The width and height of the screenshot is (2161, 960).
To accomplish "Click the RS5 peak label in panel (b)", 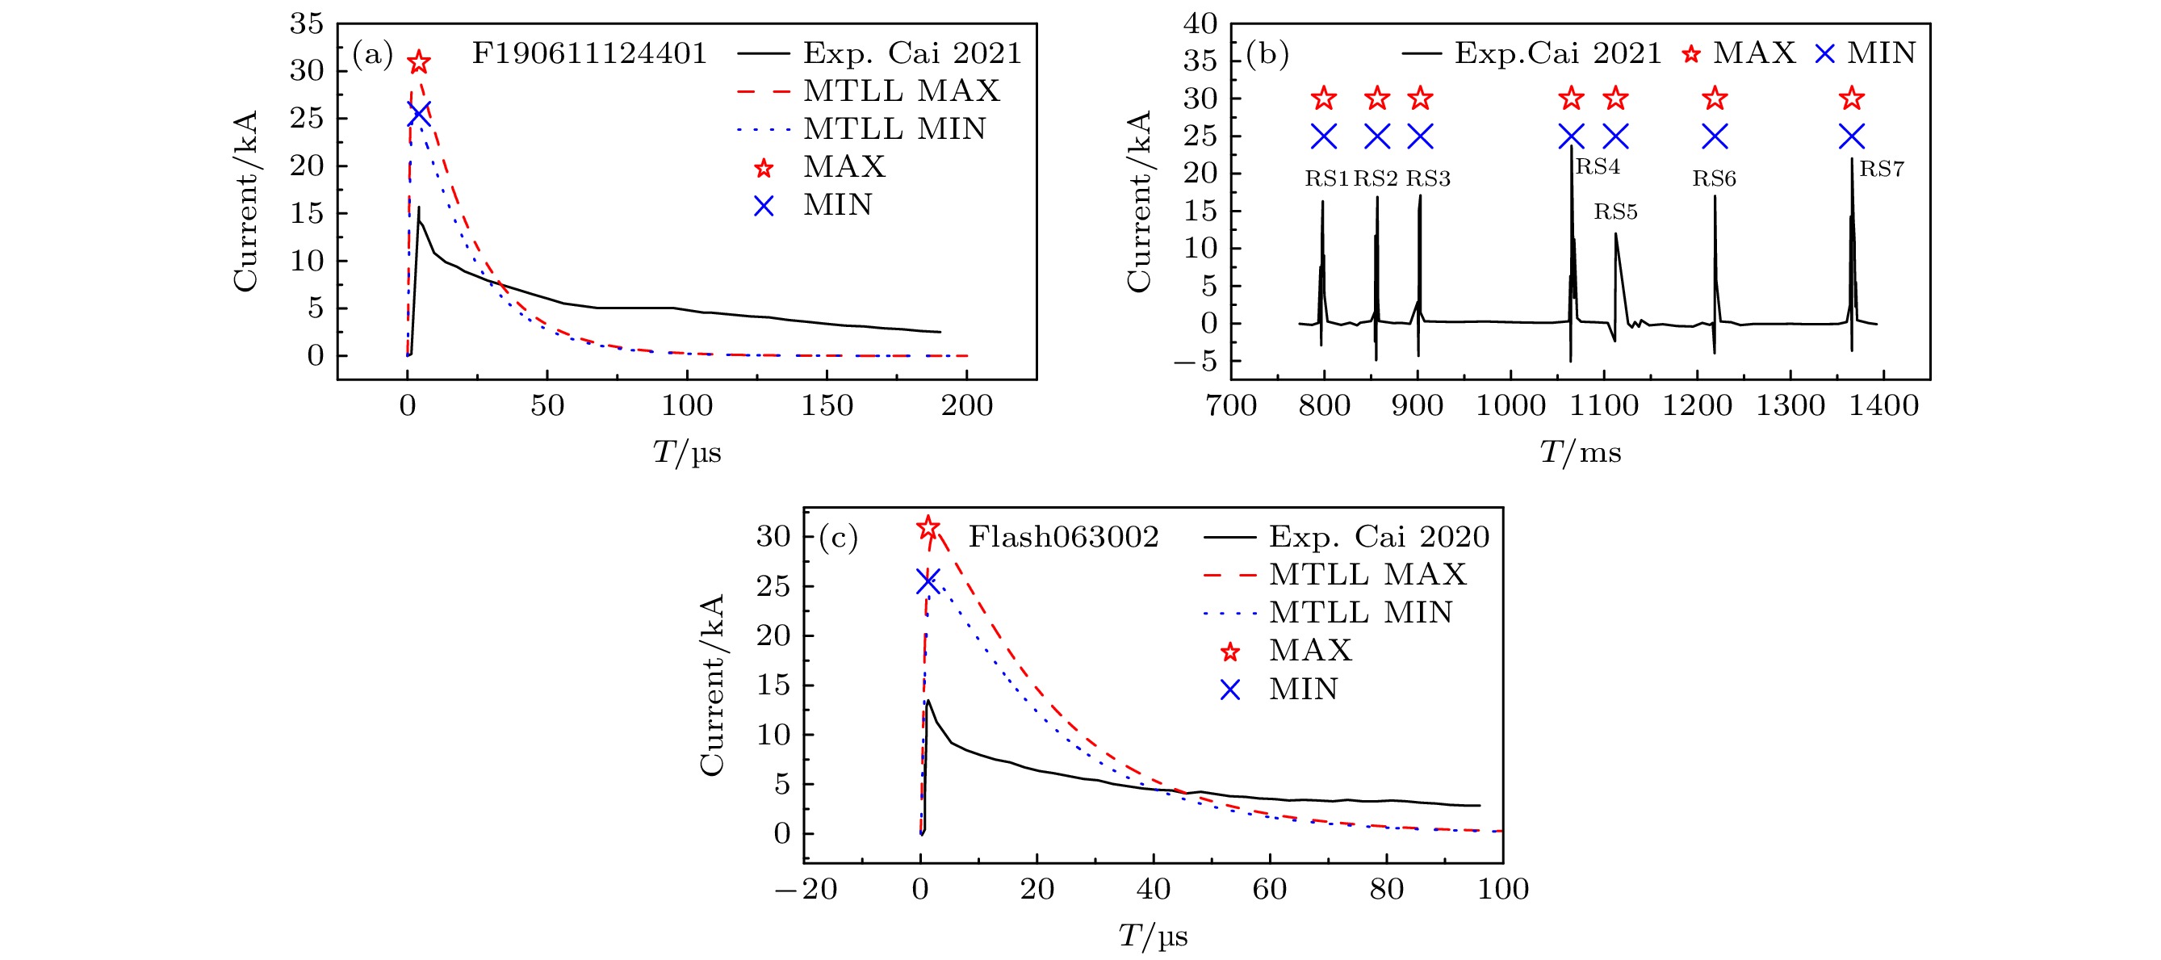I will (x=1614, y=212).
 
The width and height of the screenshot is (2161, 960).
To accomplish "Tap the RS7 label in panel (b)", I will (x=1882, y=169).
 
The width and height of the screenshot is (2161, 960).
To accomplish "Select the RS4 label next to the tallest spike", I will (x=1598, y=166).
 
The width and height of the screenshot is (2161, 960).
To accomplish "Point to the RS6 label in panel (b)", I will (x=1714, y=178).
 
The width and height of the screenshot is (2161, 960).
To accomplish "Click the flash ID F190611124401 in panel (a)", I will (x=589, y=54).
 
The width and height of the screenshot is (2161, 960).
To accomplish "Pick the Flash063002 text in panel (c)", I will (x=1063, y=537).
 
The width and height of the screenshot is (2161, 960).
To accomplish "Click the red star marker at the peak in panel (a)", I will (x=419, y=62).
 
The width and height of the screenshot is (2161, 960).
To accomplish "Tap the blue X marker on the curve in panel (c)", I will (x=927, y=581).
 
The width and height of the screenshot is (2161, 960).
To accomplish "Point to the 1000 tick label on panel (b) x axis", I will (x=1510, y=406).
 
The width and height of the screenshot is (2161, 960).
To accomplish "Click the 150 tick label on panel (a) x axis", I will (x=827, y=406).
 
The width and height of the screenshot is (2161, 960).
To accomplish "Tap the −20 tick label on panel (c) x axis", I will (x=806, y=890).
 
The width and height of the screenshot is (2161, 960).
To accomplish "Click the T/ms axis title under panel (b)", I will (x=1580, y=453).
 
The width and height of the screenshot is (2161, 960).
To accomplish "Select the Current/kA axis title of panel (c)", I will (x=711, y=685).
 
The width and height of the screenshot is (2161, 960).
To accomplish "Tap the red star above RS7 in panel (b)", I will (x=1852, y=99).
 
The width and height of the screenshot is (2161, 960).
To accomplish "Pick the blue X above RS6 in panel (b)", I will (x=1715, y=136).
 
